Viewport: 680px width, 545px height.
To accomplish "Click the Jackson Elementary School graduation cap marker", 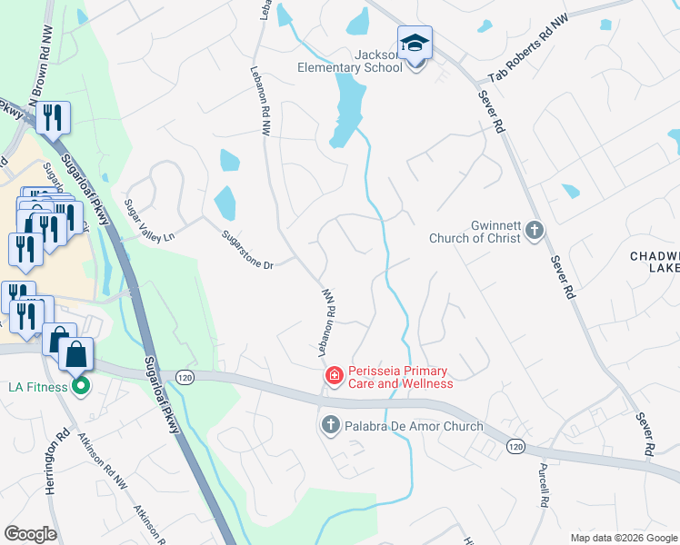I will [x=415, y=43].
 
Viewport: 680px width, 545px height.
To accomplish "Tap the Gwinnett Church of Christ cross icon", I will [x=535, y=232].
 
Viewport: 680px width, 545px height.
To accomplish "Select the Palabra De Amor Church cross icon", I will [x=330, y=424].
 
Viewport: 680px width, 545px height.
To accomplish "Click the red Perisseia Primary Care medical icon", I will [x=334, y=375].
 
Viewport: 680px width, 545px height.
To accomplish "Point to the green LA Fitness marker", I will [x=80, y=387].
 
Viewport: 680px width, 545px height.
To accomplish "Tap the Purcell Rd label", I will [x=543, y=487].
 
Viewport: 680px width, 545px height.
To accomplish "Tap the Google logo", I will [x=30, y=533].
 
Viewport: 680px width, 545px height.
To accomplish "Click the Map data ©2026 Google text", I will [x=623, y=538].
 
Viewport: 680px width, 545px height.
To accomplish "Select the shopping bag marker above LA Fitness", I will [x=77, y=354].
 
